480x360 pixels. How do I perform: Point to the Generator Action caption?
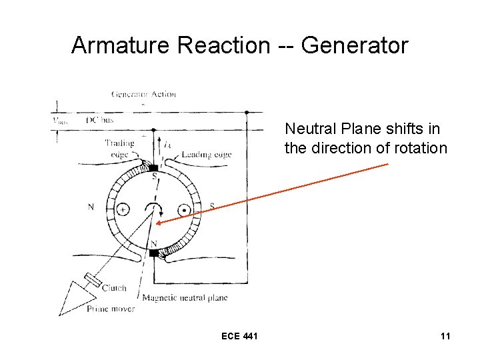143,94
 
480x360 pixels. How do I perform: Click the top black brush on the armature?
154,167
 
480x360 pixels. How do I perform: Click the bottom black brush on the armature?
154,253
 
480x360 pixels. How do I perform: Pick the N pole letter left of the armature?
91,207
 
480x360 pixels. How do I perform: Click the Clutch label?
114,288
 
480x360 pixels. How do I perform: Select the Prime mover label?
110,309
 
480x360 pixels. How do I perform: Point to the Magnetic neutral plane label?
185,298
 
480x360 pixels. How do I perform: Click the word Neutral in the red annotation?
309,128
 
